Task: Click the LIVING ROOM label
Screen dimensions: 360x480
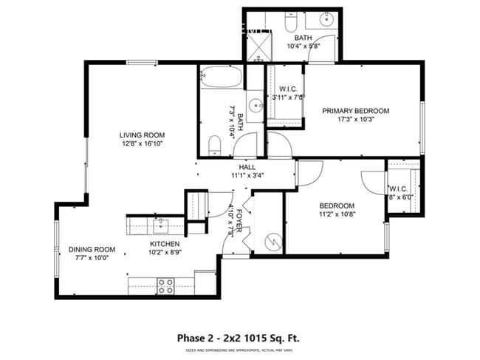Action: click(x=143, y=135)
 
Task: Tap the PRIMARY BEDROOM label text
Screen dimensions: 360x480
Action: click(x=355, y=111)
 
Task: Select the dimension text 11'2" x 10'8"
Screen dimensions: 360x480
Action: click(x=337, y=215)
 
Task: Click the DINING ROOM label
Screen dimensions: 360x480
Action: click(x=93, y=249)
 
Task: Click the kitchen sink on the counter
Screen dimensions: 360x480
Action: click(x=160, y=224)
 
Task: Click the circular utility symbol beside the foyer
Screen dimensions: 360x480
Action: click(x=272, y=240)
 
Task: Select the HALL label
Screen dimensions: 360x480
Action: click(x=247, y=167)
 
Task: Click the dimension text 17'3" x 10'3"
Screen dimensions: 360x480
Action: click(x=355, y=120)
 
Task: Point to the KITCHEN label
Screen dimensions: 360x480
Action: click(x=165, y=244)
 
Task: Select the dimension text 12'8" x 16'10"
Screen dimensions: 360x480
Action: click(x=143, y=144)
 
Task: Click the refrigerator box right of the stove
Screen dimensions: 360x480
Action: click(x=205, y=282)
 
